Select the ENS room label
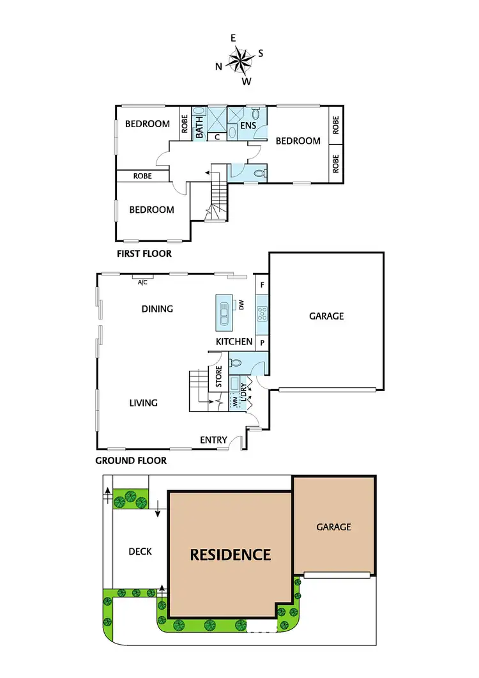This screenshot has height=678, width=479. click(x=248, y=126)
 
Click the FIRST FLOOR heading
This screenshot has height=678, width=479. click(x=144, y=254)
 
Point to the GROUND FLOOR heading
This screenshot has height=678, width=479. click(x=131, y=460)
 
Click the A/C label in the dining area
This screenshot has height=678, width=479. click(x=142, y=282)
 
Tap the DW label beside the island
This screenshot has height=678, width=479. click(x=242, y=305)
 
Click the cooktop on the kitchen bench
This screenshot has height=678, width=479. click(x=262, y=313)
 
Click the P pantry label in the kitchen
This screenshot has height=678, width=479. click(x=262, y=343)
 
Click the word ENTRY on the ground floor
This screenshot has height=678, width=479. click(x=213, y=440)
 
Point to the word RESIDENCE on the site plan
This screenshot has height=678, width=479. click(x=231, y=554)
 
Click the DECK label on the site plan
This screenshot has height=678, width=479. click(x=140, y=551)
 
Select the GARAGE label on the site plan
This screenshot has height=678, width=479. click(x=333, y=527)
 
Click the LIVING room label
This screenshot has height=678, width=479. click(x=144, y=403)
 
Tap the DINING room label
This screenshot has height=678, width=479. click(x=157, y=309)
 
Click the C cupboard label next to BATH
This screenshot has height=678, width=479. click(x=217, y=136)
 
